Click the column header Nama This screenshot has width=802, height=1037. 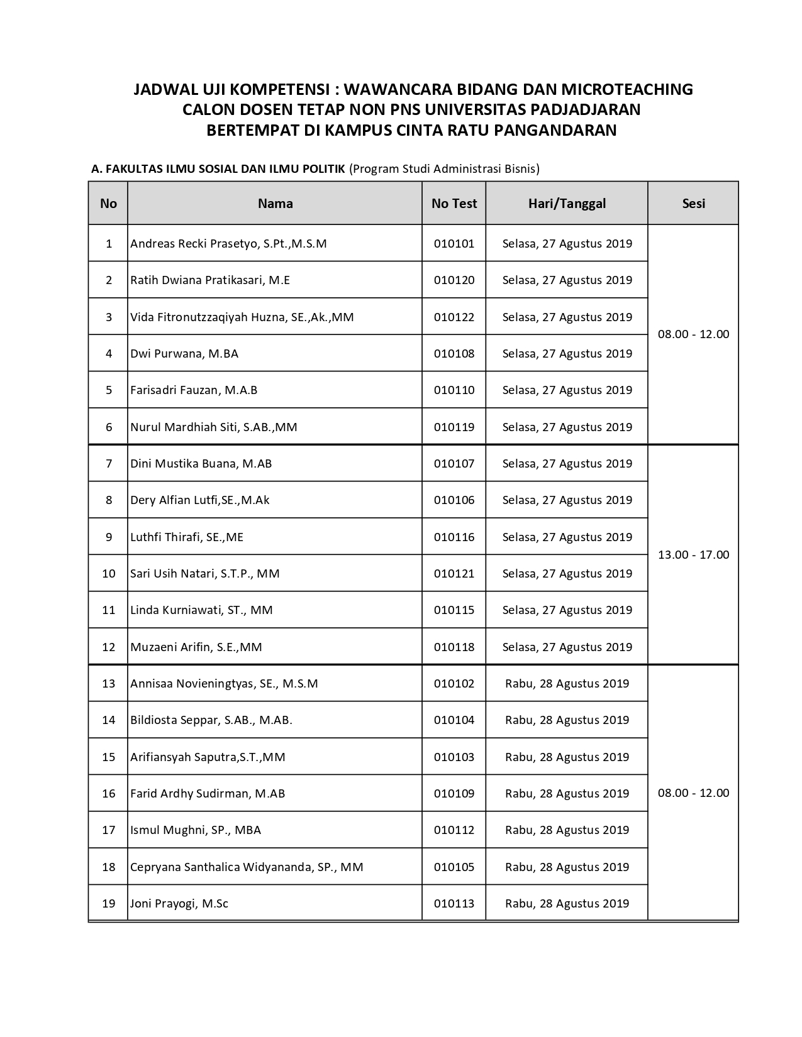275,203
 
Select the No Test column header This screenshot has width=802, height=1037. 454,203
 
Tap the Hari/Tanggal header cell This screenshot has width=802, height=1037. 567,203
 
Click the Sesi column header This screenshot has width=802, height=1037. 693,203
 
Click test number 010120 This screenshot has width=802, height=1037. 454,280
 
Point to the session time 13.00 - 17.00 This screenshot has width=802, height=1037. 693,554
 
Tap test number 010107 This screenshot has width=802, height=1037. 454,463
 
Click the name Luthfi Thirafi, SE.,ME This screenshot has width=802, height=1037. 187,537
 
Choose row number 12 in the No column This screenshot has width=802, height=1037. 108,647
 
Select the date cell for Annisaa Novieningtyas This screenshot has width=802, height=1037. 567,683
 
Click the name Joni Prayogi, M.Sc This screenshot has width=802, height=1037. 179,903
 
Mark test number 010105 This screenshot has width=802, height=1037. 454,867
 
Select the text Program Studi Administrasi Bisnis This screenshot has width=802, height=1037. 444,168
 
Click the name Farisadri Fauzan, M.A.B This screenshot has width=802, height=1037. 194,390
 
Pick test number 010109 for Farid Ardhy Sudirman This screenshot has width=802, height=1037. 454,793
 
